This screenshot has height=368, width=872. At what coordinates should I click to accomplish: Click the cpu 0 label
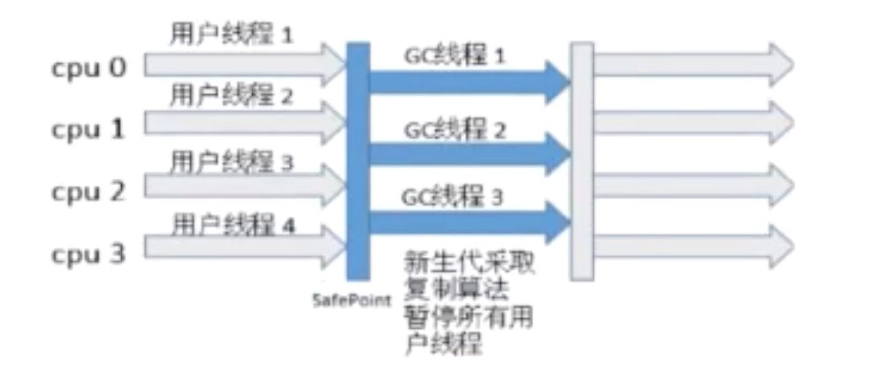(87, 70)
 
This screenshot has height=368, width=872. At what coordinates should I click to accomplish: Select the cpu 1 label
(87, 129)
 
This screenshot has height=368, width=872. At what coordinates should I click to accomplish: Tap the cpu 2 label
(87, 191)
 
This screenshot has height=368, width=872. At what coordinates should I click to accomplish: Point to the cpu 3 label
(87, 254)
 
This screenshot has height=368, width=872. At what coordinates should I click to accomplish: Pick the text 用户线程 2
(231, 96)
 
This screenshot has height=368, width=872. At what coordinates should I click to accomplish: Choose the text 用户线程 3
(231, 163)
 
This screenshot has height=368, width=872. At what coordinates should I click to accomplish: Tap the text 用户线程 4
(233, 225)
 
